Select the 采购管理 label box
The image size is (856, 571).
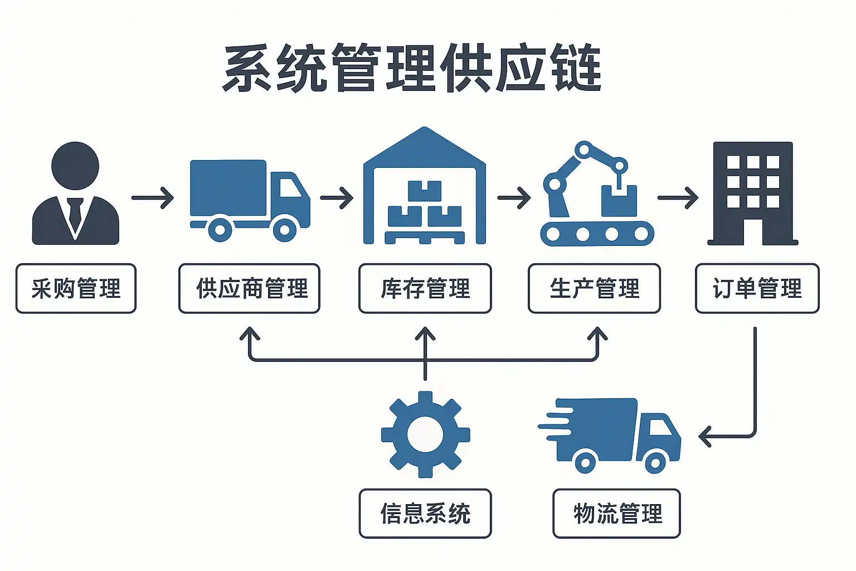click(x=76, y=288)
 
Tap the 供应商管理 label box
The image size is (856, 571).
click(x=249, y=288)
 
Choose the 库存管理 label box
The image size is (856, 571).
click(x=425, y=288)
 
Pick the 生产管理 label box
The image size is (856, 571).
click(x=594, y=288)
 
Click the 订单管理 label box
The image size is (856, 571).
click(x=757, y=288)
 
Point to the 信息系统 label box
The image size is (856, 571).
click(x=425, y=514)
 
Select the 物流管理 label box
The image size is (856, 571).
click(x=616, y=514)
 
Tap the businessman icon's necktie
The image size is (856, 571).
click(x=75, y=215)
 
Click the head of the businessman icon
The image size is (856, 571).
click(x=75, y=166)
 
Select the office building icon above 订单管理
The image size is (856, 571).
click(x=753, y=193)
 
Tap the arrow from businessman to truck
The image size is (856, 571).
click(x=152, y=197)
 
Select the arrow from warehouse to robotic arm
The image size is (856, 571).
click(x=514, y=197)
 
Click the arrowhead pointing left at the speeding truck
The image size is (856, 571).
click(x=705, y=436)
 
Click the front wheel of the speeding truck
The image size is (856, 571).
click(x=655, y=462)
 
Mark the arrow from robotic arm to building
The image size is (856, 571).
click(x=678, y=197)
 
